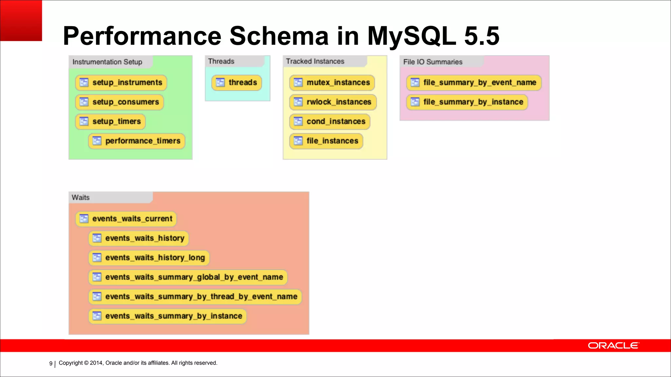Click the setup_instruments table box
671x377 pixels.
pyautogui.click(x=121, y=82)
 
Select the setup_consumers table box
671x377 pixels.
pyautogui.click(x=119, y=102)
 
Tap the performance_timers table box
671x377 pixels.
pyautogui.click(x=137, y=141)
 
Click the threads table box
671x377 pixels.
pyautogui.click(x=237, y=82)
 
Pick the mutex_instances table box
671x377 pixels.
pyautogui.click(x=332, y=82)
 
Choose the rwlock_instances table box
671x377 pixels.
pyautogui.click(x=333, y=102)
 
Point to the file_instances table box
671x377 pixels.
pyautogui.click(x=326, y=141)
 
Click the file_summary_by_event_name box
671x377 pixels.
pyautogui.click(x=474, y=82)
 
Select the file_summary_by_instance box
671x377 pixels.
pyautogui.click(x=467, y=102)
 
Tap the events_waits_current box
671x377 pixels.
pyautogui.click(x=126, y=219)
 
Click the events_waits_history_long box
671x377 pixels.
pyautogui.click(x=149, y=258)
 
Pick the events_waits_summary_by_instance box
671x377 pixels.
pyautogui.click(x=167, y=316)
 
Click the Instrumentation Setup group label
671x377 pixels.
pyautogui.click(x=107, y=62)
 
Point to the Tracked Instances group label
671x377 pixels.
pyautogui.click(x=315, y=61)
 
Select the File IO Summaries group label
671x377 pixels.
pyautogui.click(x=432, y=62)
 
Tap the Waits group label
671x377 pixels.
pyautogui.click(x=81, y=197)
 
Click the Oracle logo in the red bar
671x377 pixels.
pyautogui.click(x=613, y=346)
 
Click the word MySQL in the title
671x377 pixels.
pyautogui.click(x=412, y=36)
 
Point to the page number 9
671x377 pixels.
pyautogui.click(x=51, y=363)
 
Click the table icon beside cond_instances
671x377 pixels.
pyautogui.click(x=298, y=121)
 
